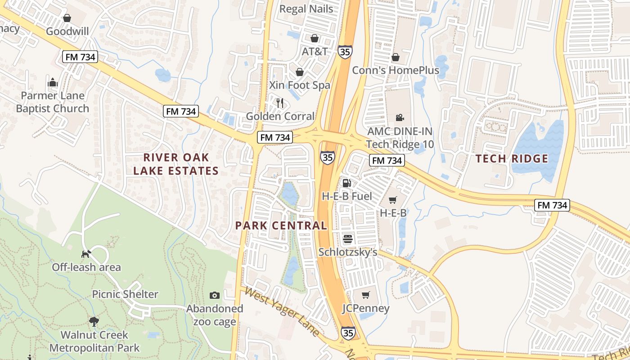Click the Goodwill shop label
click(x=67, y=31)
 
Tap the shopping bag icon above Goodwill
click(x=67, y=18)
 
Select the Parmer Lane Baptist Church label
click(x=53, y=102)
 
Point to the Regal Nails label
click(x=306, y=9)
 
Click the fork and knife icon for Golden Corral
click(x=280, y=103)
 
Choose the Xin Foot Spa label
click(x=299, y=85)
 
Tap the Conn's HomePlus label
click(x=395, y=70)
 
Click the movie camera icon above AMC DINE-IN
click(x=399, y=118)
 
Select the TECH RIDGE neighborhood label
click(x=512, y=158)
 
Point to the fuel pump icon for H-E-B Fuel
click(x=347, y=183)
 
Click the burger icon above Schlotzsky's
click(x=347, y=239)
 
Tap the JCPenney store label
click(x=365, y=308)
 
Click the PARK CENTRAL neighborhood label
click(x=281, y=225)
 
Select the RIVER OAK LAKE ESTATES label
click(x=176, y=164)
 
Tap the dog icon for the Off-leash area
click(x=86, y=254)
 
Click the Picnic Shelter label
click(x=125, y=294)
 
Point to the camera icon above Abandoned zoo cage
click(x=215, y=295)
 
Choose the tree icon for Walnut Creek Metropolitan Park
click(x=94, y=321)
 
